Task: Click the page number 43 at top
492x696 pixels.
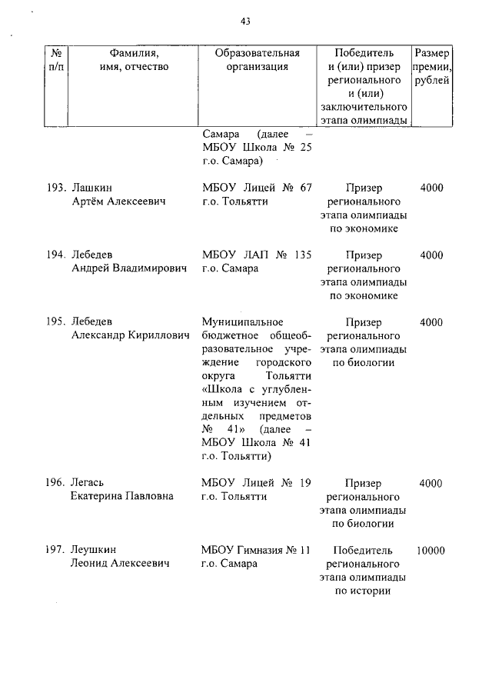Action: click(x=245, y=22)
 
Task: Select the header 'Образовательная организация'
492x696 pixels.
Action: click(x=257, y=60)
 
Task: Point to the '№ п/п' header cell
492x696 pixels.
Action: click(x=56, y=60)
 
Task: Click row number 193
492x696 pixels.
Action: click(x=55, y=188)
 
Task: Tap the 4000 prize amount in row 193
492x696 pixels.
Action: click(x=431, y=188)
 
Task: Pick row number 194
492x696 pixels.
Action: click(x=55, y=255)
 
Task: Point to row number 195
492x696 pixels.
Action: click(x=55, y=321)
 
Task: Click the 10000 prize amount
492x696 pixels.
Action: click(x=431, y=551)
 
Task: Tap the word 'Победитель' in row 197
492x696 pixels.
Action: click(x=364, y=551)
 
